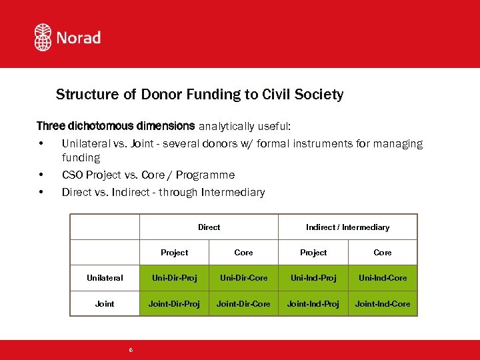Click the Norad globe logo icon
43,37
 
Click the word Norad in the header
78,37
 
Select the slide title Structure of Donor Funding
199,95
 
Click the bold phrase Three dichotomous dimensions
115,126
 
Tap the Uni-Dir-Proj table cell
174,278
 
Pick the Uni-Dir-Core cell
243,278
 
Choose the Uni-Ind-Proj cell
313,278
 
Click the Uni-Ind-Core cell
383,278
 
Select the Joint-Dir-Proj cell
174,304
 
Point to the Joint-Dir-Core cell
243,304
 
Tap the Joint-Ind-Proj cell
313,304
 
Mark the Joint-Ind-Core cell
383,304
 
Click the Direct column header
209,227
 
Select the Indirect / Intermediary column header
347,227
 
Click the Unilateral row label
105,278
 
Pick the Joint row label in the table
105,304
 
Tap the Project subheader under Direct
174,253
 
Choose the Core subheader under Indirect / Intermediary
383,253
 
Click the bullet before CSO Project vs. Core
41,175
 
